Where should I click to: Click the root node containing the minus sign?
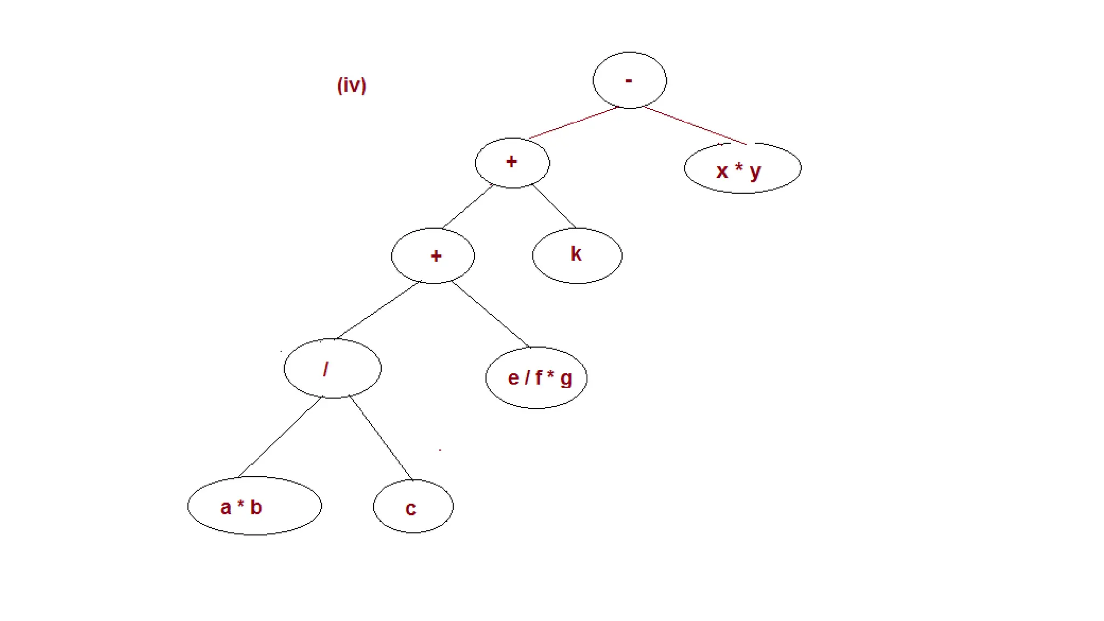point(630,80)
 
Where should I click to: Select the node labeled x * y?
point(743,169)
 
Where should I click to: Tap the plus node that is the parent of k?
point(512,162)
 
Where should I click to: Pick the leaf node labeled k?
point(577,256)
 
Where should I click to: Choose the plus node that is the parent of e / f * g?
point(433,256)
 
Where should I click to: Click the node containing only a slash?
point(333,369)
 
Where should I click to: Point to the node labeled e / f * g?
point(536,378)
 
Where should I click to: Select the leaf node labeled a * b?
point(254,506)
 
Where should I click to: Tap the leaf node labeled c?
point(413,507)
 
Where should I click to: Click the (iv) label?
point(351,85)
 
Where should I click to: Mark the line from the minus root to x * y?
point(695,126)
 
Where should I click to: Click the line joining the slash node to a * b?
point(280,437)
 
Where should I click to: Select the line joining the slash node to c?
point(381,438)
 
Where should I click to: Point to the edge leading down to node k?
point(554,205)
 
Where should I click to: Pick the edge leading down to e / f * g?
point(491,314)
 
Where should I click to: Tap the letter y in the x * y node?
point(755,172)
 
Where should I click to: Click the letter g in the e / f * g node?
point(566,379)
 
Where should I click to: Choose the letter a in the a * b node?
point(226,508)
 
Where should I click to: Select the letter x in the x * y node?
point(722,171)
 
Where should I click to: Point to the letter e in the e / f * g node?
point(513,378)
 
